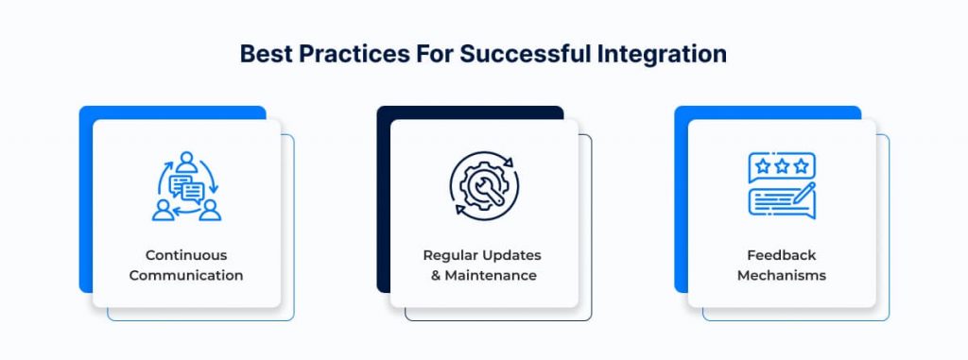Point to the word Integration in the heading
coord(662,55)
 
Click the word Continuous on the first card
coord(186,255)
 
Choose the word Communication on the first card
coord(186,275)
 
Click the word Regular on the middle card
coord(445,256)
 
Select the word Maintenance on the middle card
coord(491,275)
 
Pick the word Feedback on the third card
coord(782,255)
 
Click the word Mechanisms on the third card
coord(782,275)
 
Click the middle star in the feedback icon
coord(782,166)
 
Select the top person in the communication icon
coord(186,163)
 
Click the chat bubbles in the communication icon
coord(187,188)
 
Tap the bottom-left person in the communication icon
coord(163,210)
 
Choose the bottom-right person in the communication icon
coord(210,210)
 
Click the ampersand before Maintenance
coord(436,275)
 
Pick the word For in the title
coord(435,54)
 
